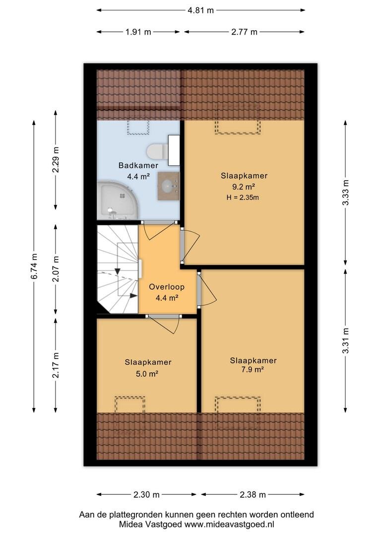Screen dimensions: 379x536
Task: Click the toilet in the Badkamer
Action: pyautogui.click(x=158, y=150)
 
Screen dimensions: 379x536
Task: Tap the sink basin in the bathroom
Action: pyautogui.click(x=168, y=186)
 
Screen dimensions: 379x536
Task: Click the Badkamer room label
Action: pyautogui.click(x=138, y=165)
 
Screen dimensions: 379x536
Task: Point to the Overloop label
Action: pyautogui.click(x=166, y=287)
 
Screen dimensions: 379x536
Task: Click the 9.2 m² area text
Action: pyautogui.click(x=244, y=187)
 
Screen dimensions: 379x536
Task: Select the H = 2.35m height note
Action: pyautogui.click(x=243, y=197)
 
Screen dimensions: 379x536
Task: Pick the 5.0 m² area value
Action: pyautogui.click(x=147, y=374)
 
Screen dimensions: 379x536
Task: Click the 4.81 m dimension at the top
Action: pyautogui.click(x=200, y=10)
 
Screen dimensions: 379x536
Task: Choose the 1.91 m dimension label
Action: pyautogui.click(x=138, y=32)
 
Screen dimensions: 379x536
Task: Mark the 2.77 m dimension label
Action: pyautogui.click(x=245, y=32)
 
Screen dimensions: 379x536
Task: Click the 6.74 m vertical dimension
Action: pyautogui.click(x=34, y=267)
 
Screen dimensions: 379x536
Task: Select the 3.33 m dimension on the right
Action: pyautogui.click(x=346, y=192)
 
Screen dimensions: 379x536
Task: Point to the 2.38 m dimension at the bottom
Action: pyautogui.click(x=253, y=495)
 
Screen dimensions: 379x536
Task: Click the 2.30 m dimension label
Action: pyautogui.click(x=147, y=495)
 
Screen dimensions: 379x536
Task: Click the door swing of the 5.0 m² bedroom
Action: pyautogui.click(x=164, y=325)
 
